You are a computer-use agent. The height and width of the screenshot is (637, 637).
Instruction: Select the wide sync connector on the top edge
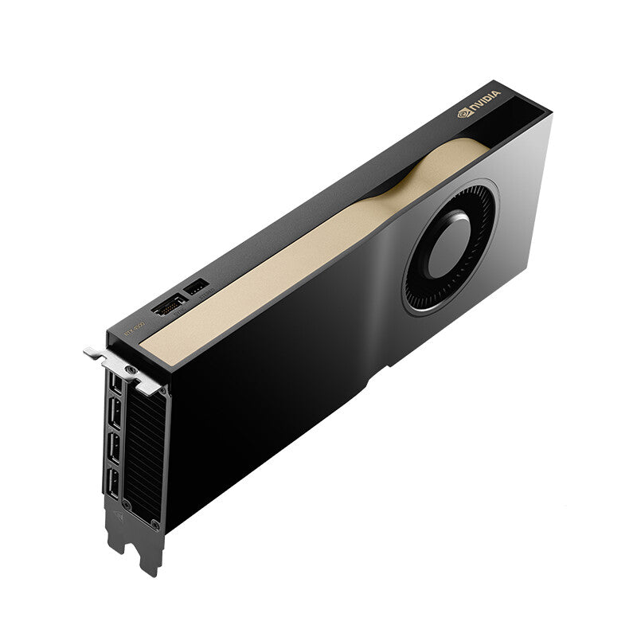point(168,306)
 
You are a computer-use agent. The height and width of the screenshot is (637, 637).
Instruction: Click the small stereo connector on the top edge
point(196,286)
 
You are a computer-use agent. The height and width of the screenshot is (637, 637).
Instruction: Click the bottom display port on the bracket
point(112,484)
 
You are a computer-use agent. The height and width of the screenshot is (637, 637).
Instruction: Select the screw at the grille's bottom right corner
point(154,526)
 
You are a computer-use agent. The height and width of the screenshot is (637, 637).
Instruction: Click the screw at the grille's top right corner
point(164,393)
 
